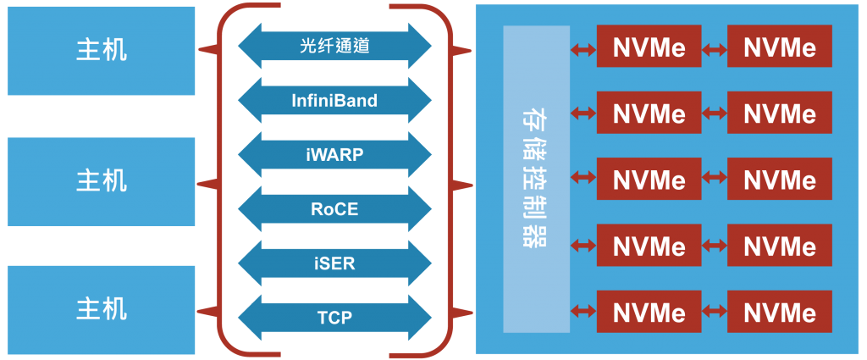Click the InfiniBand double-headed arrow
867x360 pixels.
click(x=334, y=101)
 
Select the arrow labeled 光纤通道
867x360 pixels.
click(x=334, y=46)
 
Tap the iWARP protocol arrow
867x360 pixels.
click(x=334, y=154)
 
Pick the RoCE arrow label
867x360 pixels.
click(x=334, y=208)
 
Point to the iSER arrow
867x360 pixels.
click(x=334, y=263)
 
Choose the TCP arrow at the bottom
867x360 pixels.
click(x=334, y=318)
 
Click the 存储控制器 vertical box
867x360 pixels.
click(x=536, y=180)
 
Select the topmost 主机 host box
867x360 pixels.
click(x=102, y=50)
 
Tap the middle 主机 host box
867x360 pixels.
click(x=102, y=180)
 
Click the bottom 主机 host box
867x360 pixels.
click(x=102, y=308)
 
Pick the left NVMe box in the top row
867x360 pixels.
click(x=649, y=47)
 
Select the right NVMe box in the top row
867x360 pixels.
click(x=779, y=47)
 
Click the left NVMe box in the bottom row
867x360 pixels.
click(x=649, y=313)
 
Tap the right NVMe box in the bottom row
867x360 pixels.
click(x=779, y=313)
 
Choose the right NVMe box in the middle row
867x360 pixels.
click(x=779, y=180)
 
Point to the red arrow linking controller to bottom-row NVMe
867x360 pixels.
click(x=583, y=313)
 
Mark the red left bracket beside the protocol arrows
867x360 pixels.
click(x=218, y=180)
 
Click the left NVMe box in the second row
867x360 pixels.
click(x=649, y=113)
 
